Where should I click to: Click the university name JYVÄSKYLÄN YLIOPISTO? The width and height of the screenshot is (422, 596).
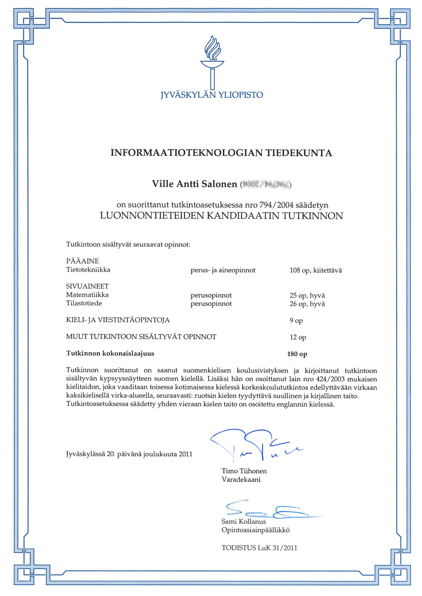(211, 95)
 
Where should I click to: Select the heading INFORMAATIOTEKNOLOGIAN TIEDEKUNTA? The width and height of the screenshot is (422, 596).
(221, 153)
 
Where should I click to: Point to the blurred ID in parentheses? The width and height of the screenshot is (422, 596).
(265, 185)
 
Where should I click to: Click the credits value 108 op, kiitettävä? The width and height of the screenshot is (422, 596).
(316, 270)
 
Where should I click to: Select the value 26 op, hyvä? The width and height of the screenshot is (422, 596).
(307, 304)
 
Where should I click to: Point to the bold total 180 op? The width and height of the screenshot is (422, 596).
(297, 354)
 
